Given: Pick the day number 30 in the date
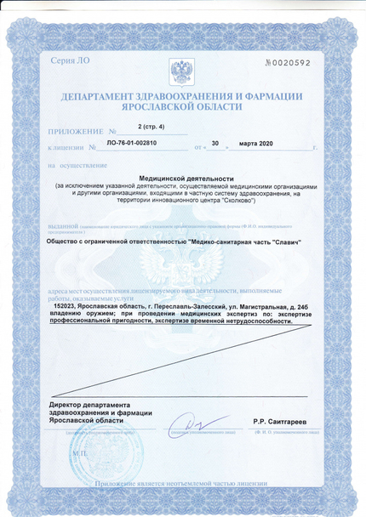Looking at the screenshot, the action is click(214, 145).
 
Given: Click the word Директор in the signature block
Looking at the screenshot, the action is click(68, 404).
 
